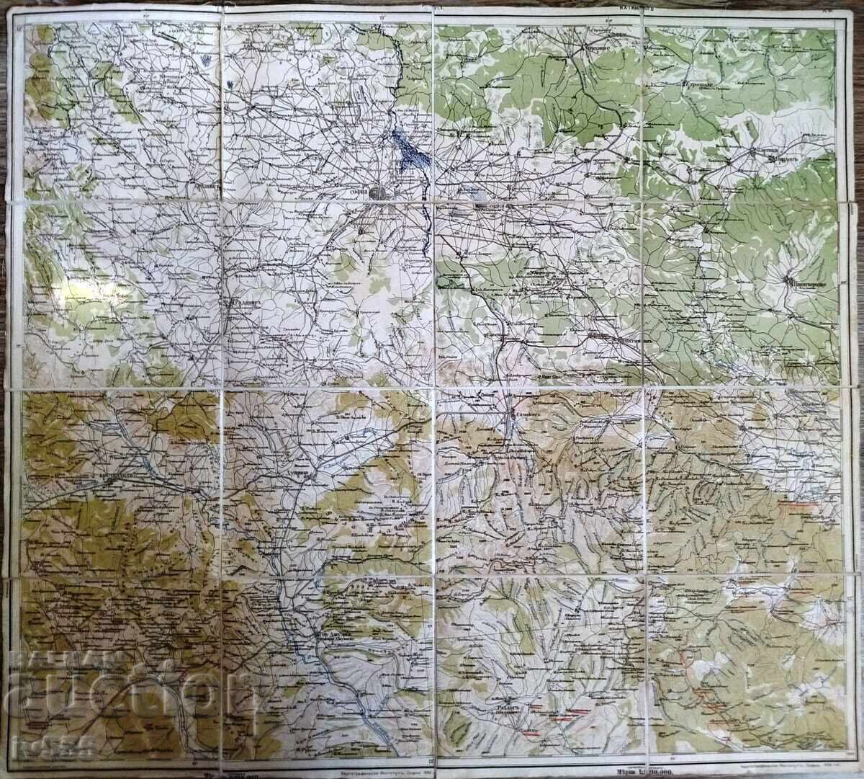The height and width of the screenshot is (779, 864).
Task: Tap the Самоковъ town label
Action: (523, 416)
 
